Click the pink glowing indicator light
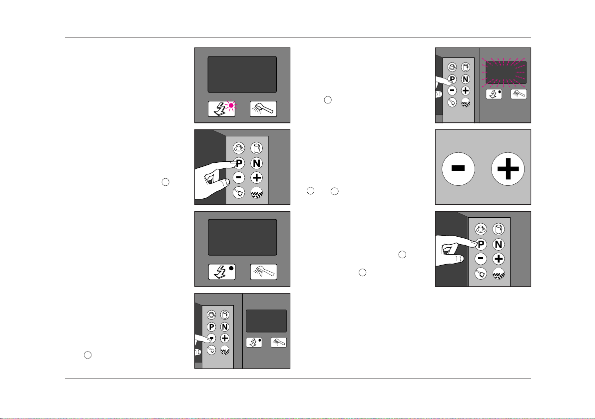[x=231, y=105]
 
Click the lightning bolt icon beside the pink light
[x=219, y=109]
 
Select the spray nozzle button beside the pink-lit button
[x=263, y=109]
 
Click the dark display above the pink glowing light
[x=242, y=74]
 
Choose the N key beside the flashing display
[x=465, y=79]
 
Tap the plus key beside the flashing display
[x=465, y=90]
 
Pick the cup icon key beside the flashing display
[x=452, y=66]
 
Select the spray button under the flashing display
[x=519, y=93]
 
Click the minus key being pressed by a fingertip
[x=211, y=338]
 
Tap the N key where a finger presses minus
[x=225, y=326]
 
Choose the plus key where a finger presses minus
[x=225, y=338]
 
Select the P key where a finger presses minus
[x=211, y=326]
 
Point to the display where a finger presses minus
[x=266, y=321]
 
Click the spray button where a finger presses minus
[x=279, y=343]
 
